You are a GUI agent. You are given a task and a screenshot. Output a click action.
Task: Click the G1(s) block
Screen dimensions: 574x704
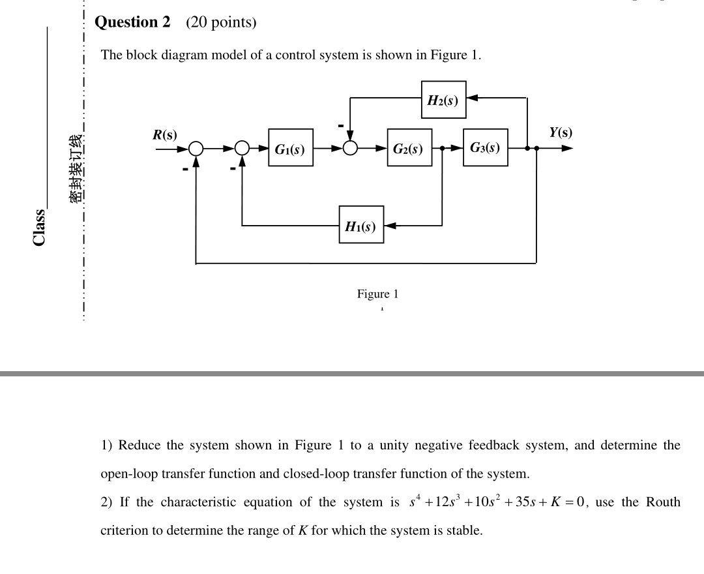pyautogui.click(x=290, y=148)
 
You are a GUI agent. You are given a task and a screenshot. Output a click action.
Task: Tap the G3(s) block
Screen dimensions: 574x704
pyautogui.click(x=485, y=147)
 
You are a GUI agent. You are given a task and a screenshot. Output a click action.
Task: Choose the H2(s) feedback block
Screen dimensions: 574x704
pyautogui.click(x=443, y=100)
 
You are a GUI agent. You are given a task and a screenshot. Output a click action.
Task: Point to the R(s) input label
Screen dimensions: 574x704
pyautogui.click(x=164, y=134)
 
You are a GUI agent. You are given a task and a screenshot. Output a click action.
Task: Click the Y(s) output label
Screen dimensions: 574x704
pyautogui.click(x=560, y=132)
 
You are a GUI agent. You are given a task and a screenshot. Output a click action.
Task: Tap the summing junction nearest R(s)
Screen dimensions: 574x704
pyautogui.click(x=196, y=149)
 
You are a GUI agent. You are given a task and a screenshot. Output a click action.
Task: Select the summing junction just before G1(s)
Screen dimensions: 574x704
pyautogui.click(x=242, y=149)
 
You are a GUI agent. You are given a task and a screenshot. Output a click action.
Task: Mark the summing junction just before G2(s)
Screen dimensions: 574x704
pyautogui.click(x=350, y=149)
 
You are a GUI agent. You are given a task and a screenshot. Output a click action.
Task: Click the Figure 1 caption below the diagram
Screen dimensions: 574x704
pyautogui.click(x=377, y=294)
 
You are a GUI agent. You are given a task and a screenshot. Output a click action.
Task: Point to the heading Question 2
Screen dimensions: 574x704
pyautogui.click(x=132, y=22)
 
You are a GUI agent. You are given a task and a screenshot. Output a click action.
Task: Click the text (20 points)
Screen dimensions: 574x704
pyautogui.click(x=221, y=22)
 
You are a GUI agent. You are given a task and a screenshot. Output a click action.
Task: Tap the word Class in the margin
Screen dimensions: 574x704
pyautogui.click(x=39, y=227)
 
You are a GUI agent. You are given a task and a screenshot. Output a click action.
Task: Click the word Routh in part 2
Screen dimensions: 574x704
pyautogui.click(x=663, y=502)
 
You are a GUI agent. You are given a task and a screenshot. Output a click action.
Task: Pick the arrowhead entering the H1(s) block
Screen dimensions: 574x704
pyautogui.click(x=389, y=226)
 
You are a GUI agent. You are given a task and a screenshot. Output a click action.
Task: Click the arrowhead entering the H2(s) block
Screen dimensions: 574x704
pyautogui.click(x=472, y=98)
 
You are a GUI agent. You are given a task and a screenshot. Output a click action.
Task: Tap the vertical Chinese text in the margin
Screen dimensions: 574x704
pyautogui.click(x=76, y=168)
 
